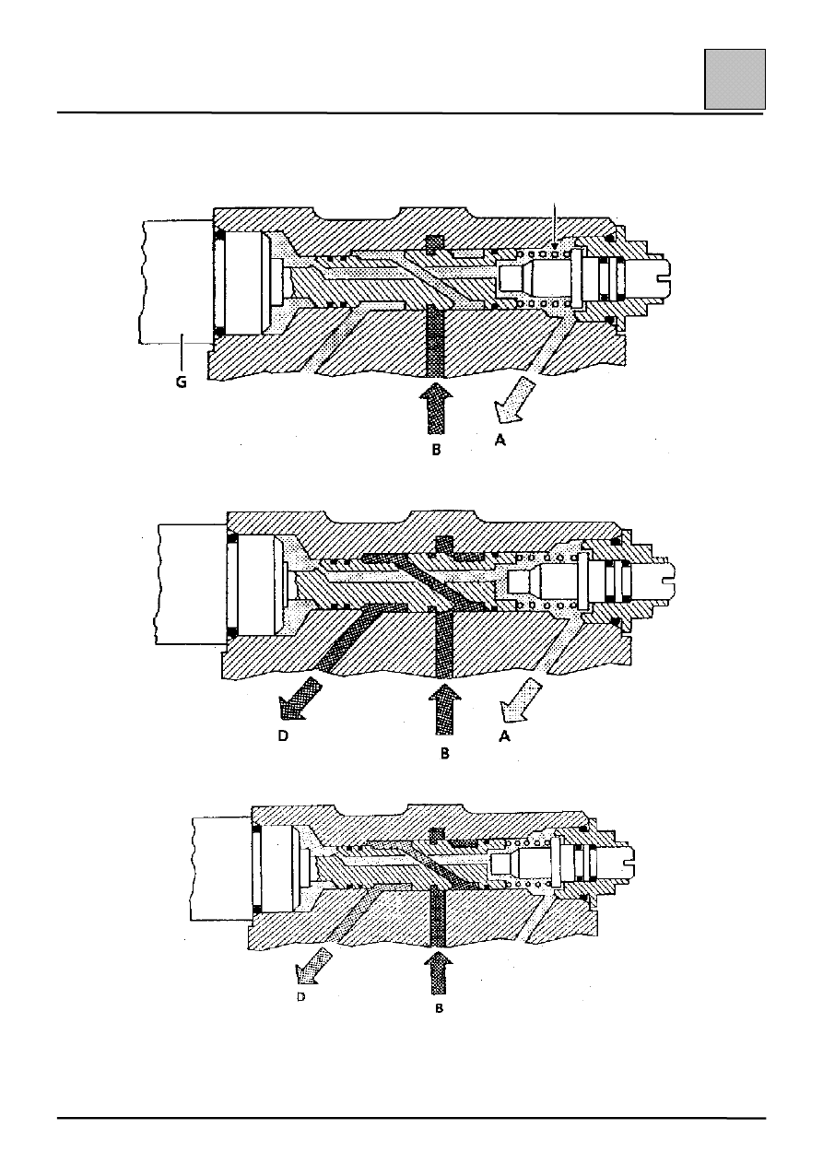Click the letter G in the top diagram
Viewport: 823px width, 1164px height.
point(181,382)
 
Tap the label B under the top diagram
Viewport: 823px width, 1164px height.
point(437,450)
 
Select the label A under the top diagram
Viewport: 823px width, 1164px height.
point(500,441)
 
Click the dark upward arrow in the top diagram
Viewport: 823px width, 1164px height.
point(436,408)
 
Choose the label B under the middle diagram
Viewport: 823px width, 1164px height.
point(444,754)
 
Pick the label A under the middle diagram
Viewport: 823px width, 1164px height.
point(504,736)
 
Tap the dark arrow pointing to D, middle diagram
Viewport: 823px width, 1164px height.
point(300,698)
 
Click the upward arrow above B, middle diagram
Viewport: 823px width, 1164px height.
point(443,709)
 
